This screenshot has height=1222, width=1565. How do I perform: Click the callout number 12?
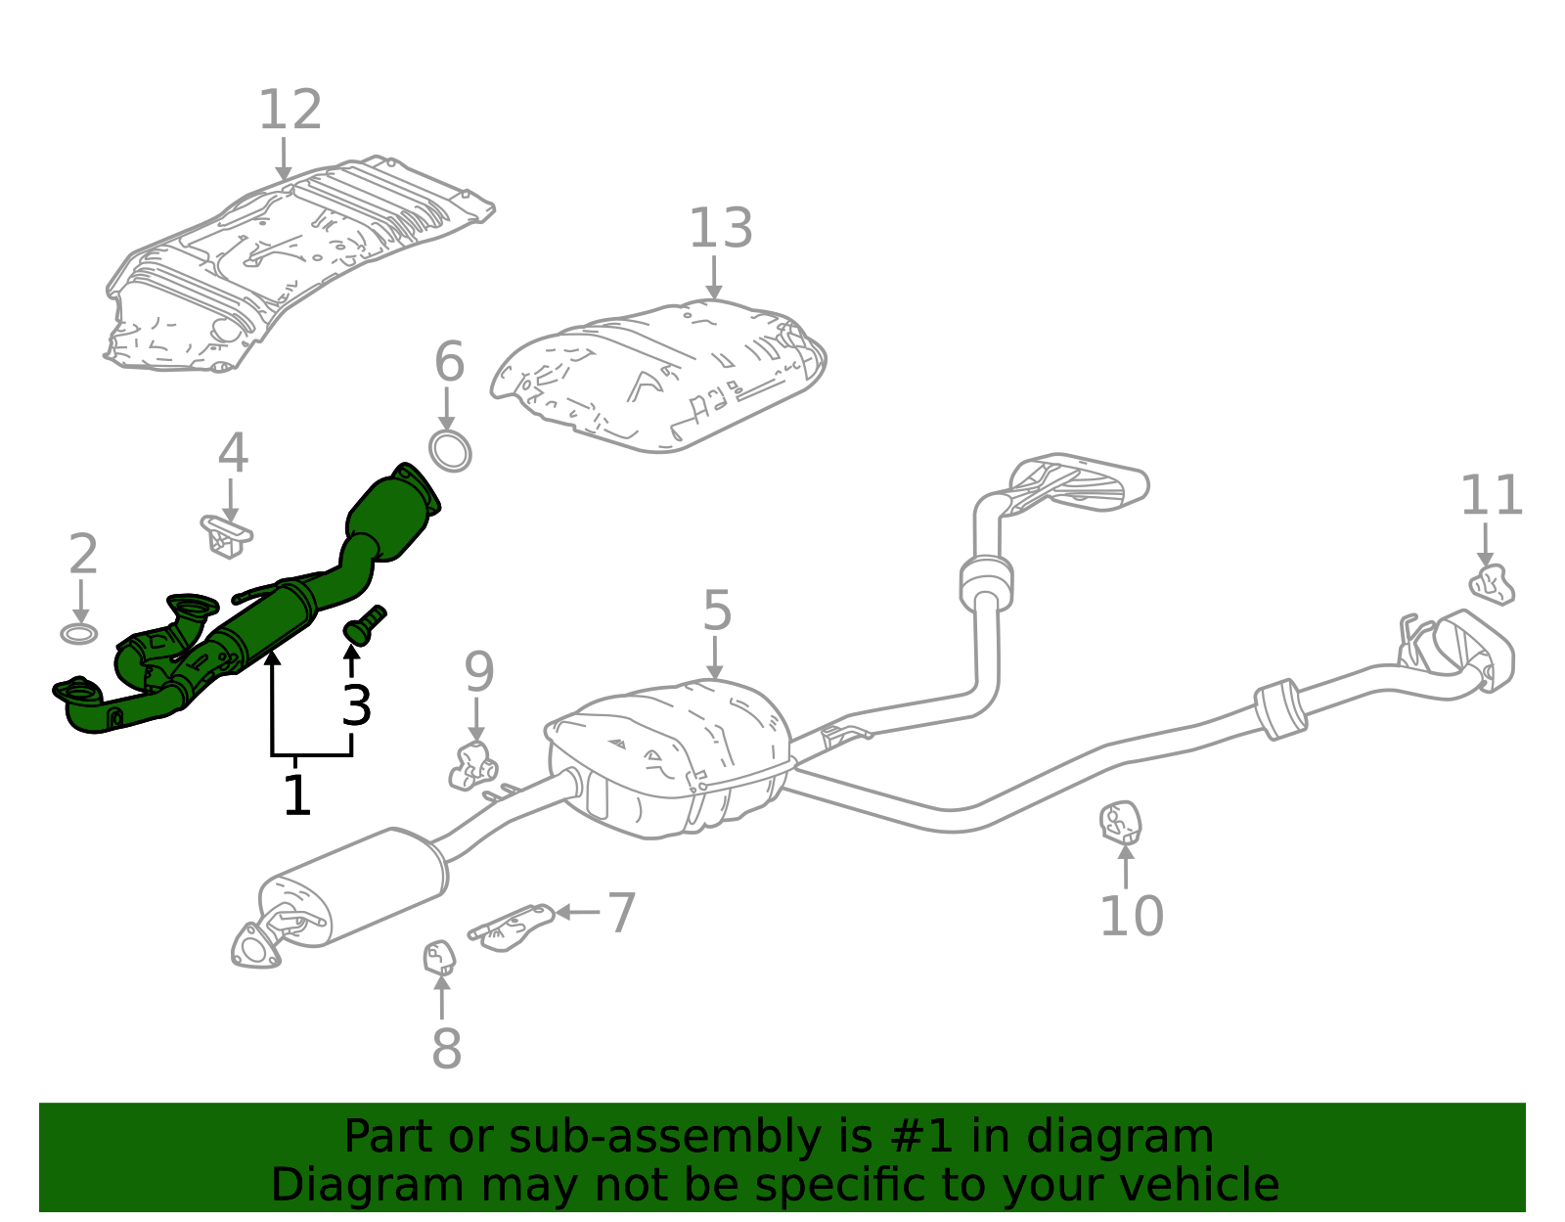coord(290,111)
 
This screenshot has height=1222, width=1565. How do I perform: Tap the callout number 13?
coord(720,229)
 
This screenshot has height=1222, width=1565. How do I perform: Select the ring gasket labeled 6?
coord(450,450)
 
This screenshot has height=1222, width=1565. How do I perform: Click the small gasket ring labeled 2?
coord(79,634)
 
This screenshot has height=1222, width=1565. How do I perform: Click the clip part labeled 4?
coord(227,536)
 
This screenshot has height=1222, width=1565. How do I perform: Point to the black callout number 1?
coord(296,794)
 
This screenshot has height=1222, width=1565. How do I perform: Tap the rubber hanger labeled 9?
coord(472,766)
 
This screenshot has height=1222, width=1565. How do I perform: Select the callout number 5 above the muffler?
coord(716,611)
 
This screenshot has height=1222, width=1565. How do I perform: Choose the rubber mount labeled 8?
coord(439,957)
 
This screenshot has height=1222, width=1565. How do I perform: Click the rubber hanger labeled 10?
coord(1121,822)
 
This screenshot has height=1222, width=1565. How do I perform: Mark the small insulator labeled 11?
coord(1492,584)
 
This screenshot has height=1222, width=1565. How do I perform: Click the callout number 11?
coord(1491,496)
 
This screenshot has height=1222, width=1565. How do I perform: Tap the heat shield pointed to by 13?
coord(660,377)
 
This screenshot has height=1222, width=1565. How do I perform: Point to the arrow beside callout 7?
coord(577,912)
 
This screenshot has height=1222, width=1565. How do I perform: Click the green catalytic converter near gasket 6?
coord(391,514)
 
